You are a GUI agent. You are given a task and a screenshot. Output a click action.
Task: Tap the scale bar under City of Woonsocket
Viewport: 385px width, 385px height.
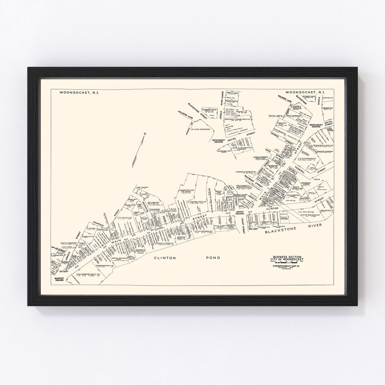coord(287,264)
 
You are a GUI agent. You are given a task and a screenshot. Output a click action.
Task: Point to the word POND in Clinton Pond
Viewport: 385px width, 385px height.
coord(212,257)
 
